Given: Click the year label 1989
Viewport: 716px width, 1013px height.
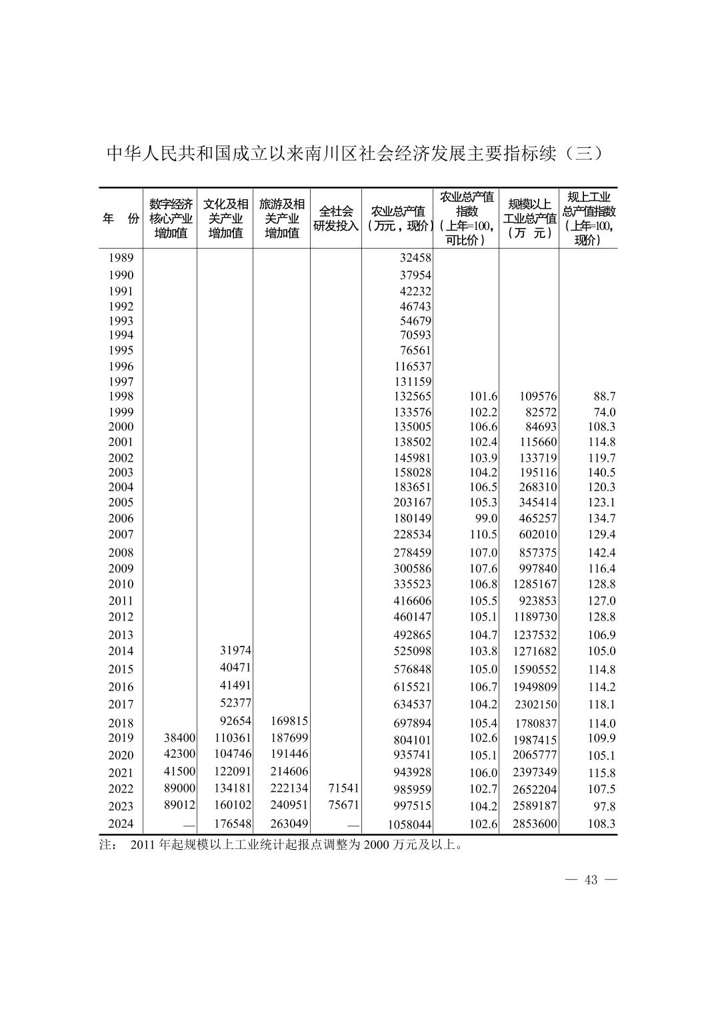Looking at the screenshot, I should [x=121, y=258].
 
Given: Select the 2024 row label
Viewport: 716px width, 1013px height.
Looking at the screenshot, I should [x=121, y=823].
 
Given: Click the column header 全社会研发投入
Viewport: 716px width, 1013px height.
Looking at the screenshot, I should [x=336, y=219].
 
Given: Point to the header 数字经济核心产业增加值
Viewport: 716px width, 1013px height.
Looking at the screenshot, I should [x=171, y=219].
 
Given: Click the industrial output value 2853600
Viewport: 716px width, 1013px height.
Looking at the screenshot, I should [x=535, y=824].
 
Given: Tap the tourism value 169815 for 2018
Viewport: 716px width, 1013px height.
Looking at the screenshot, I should [x=289, y=721].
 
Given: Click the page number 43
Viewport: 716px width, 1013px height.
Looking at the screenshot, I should [x=591, y=880].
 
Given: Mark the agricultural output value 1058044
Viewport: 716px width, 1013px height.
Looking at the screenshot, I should [x=409, y=824].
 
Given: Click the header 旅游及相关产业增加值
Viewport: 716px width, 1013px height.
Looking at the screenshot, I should [x=281, y=219].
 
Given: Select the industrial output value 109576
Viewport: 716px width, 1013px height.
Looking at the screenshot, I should [x=538, y=397].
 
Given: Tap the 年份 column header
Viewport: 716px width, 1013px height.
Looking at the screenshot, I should [x=121, y=219].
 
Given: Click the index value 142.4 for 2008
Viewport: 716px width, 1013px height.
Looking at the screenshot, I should [x=601, y=552].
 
